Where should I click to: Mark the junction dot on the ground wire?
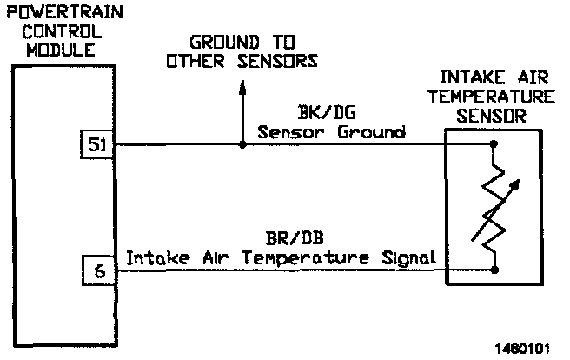(242, 143)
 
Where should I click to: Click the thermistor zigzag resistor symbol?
(494, 205)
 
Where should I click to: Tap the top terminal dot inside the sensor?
(494, 143)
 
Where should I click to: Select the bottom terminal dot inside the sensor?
(494, 270)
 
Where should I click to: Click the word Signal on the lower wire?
(406, 258)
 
